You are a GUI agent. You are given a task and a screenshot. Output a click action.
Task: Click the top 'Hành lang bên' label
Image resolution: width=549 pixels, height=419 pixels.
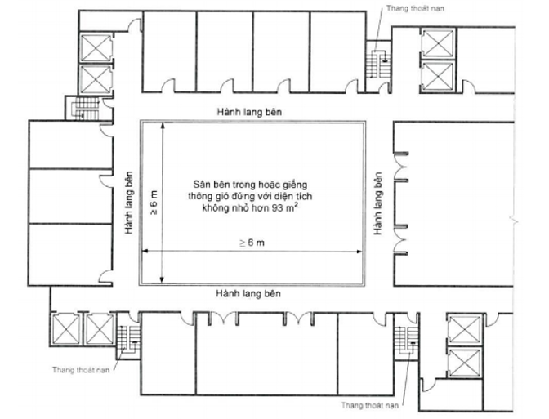249,112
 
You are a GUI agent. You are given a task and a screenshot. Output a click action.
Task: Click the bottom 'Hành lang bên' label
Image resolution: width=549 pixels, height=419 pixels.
248,293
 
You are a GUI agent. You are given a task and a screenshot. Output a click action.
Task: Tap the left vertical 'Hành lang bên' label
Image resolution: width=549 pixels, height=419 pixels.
129,203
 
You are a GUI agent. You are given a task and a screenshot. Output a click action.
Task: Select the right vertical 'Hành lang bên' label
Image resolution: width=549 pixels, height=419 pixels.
377,203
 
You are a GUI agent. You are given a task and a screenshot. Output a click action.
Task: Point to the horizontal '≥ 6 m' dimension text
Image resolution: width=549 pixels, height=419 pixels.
252,243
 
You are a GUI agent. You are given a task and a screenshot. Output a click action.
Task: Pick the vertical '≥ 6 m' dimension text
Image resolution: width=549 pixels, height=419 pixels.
154,202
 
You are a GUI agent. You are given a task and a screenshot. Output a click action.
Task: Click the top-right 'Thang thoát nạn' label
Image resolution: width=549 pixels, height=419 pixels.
415,8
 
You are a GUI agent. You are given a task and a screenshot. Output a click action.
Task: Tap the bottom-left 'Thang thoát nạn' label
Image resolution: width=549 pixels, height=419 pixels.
81,370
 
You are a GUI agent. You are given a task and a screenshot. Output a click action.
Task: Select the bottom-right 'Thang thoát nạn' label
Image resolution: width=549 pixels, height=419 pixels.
370,405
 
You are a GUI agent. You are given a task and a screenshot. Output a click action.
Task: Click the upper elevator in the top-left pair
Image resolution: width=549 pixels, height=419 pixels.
96,47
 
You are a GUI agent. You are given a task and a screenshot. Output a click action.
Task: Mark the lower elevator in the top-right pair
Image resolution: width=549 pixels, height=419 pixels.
438,77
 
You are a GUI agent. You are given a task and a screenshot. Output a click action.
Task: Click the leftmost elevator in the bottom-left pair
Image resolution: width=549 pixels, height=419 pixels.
66,329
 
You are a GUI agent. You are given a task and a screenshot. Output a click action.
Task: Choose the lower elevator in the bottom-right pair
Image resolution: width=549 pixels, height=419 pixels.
464,363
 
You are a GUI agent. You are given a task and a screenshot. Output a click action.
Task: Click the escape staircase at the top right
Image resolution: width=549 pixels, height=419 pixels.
377,65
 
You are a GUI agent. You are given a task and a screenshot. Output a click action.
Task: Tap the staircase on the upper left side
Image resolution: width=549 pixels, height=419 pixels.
85,108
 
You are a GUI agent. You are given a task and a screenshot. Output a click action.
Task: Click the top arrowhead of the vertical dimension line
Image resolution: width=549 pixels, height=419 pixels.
162,125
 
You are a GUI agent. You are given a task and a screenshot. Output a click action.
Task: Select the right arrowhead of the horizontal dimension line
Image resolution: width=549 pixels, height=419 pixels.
359,251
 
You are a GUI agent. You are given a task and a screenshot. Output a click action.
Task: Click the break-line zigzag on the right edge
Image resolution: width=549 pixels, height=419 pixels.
514,221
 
